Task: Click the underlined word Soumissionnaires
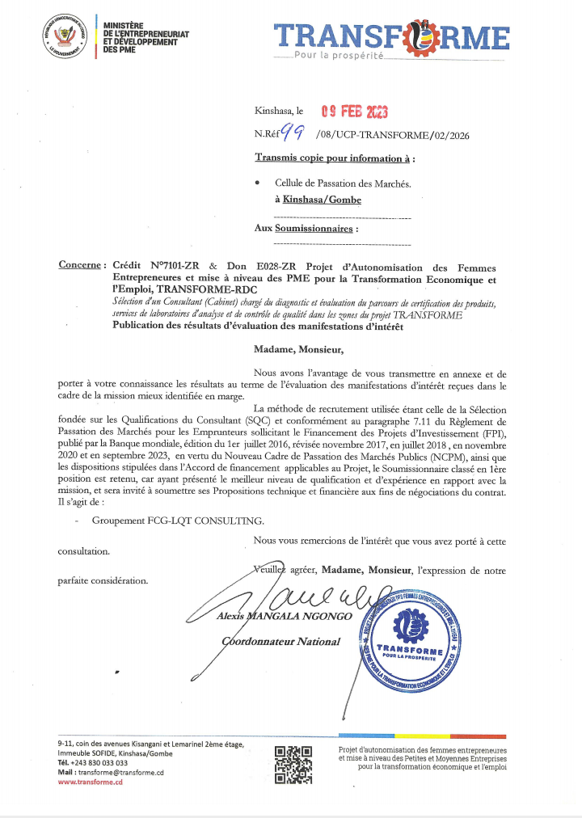314,229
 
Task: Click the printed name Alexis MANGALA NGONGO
286,616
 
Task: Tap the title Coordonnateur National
281,641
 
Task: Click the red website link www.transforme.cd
91,782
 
